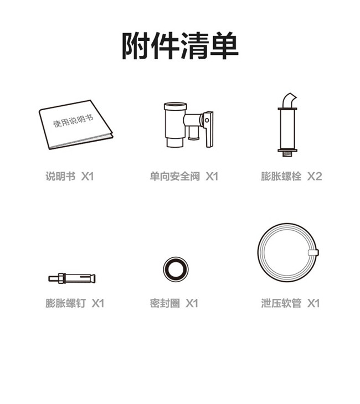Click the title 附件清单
[x=180, y=46]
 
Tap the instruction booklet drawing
[x=76, y=125]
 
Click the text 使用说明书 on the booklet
[x=73, y=121]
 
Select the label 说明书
[x=60, y=177]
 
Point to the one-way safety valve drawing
[x=188, y=125]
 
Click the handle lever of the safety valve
[x=208, y=129]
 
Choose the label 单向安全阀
[x=175, y=177]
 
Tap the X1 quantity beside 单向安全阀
[x=212, y=177]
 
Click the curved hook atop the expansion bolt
[x=289, y=100]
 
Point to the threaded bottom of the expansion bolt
[x=287, y=154]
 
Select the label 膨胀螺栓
[x=281, y=177]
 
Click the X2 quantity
[x=315, y=177]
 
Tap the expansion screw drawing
[x=72, y=278]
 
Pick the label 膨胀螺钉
[x=65, y=303]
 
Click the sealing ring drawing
[x=176, y=270]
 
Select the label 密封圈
[x=165, y=303]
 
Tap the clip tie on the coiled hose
[x=313, y=252]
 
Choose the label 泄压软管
[x=281, y=303]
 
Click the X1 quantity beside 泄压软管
[x=313, y=303]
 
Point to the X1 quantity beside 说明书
[x=88, y=177]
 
